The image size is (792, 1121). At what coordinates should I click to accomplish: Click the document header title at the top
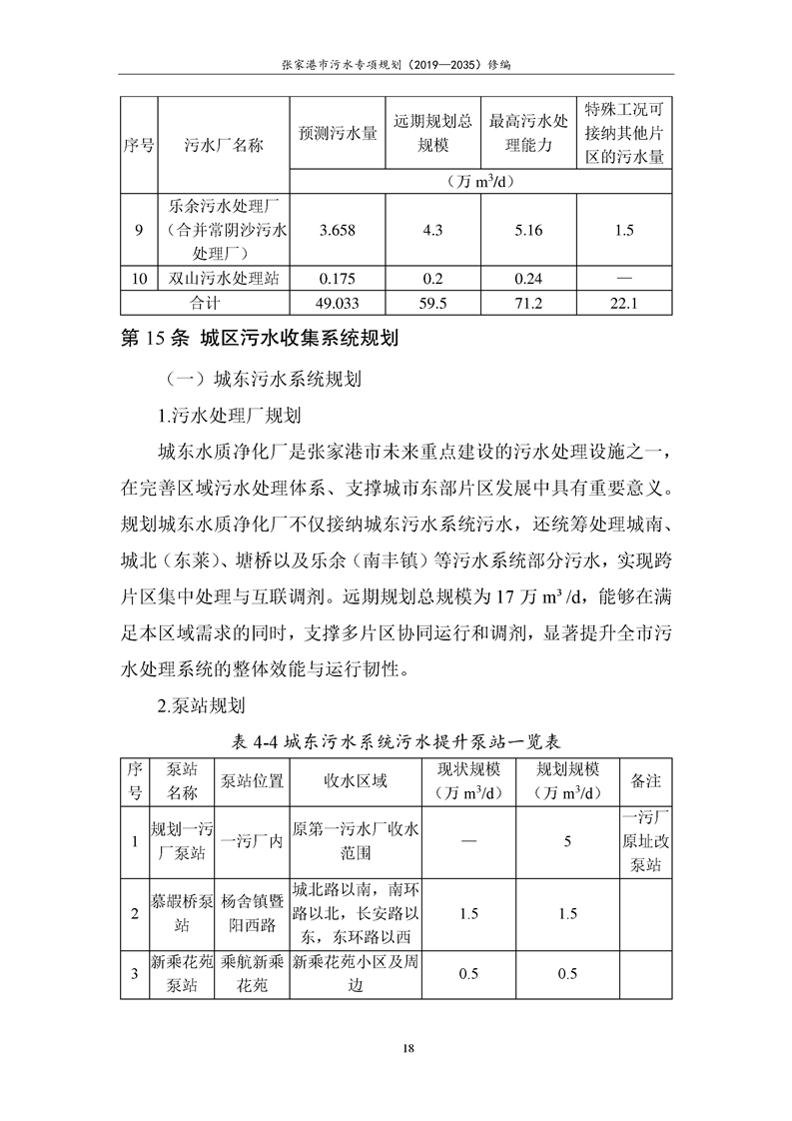[x=396, y=63]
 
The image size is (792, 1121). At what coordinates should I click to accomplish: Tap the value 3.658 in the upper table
[x=338, y=231]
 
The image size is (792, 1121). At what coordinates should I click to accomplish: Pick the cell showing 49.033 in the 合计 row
[x=338, y=303]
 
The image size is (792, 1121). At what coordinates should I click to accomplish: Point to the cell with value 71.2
[x=528, y=303]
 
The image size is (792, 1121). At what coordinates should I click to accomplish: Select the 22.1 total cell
[x=624, y=303]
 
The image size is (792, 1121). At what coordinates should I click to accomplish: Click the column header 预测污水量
[x=338, y=133]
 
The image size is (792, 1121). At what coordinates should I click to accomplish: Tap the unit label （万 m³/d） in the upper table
[x=481, y=181]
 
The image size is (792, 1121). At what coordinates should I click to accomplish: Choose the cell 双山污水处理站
[x=224, y=279]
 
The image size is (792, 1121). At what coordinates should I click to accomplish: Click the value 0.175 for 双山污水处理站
[x=338, y=279]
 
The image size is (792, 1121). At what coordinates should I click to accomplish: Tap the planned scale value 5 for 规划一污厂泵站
[x=567, y=841]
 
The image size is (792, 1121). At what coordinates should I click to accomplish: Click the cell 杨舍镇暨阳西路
[x=252, y=912]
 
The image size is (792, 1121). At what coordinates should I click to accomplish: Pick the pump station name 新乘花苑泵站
[x=182, y=974]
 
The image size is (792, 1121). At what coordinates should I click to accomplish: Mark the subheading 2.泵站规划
[x=201, y=706]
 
